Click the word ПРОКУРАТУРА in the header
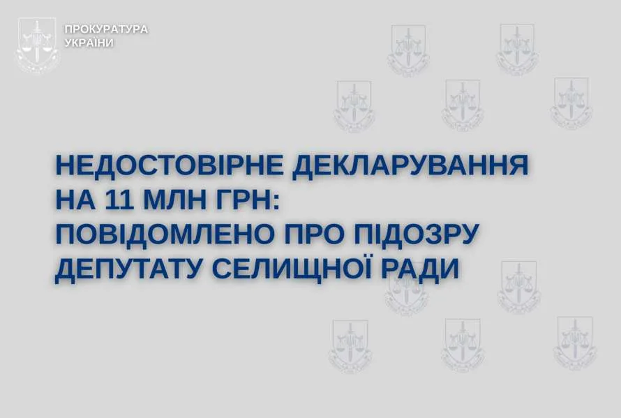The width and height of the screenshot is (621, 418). click(106, 29)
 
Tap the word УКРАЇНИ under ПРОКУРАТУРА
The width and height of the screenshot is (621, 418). click(89, 43)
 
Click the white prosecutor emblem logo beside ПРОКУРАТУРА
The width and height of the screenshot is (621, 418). click(37, 45)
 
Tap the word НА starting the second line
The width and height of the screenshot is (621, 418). click(75, 200)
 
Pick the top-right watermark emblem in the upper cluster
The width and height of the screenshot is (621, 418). click(517, 50)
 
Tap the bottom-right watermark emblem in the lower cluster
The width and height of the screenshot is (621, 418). click(575, 343)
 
